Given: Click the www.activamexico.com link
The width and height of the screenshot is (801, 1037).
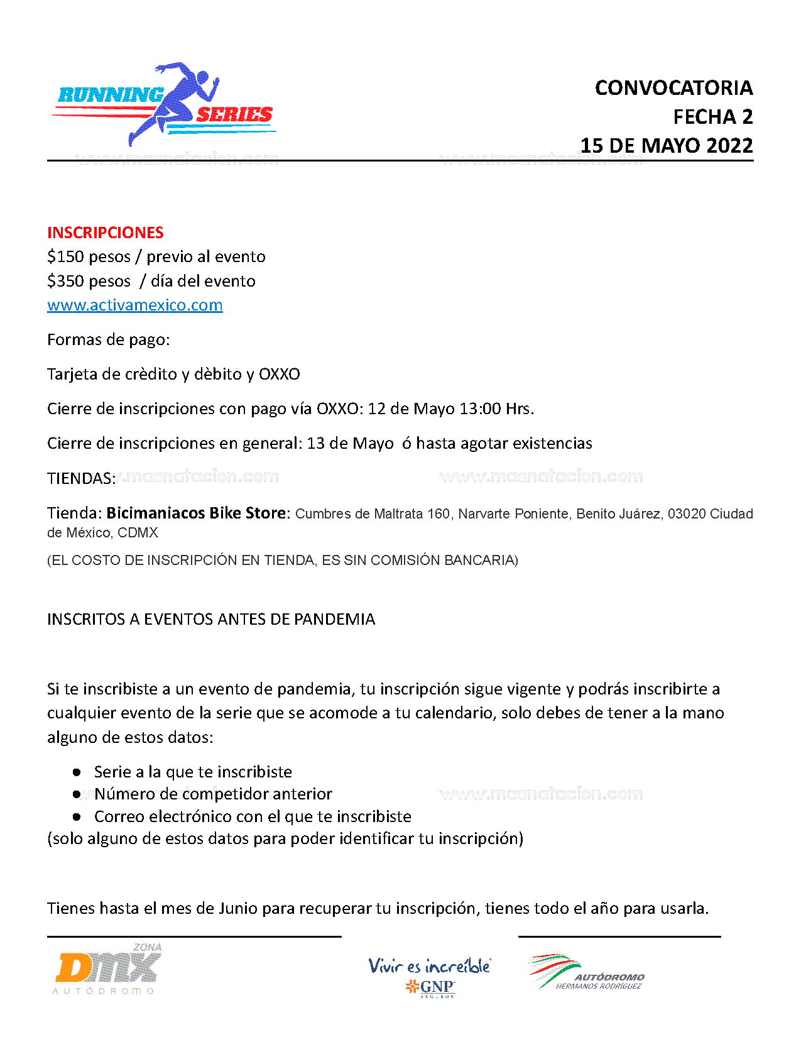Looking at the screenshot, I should [x=134, y=305].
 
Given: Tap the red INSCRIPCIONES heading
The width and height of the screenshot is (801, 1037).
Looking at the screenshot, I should [x=105, y=233].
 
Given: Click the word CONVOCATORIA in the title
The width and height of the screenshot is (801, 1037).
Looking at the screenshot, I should [x=673, y=88].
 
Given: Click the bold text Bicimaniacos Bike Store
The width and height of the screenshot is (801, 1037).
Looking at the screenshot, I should [x=196, y=513].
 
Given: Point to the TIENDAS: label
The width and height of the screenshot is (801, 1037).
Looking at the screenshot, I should [x=81, y=479].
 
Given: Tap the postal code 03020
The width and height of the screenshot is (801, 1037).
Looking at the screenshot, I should [x=687, y=514].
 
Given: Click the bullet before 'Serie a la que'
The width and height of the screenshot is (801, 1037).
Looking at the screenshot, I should [x=77, y=772].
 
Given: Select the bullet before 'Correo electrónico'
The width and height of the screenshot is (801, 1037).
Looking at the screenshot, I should [x=77, y=817].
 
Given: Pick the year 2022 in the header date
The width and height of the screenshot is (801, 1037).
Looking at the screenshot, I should [x=729, y=146].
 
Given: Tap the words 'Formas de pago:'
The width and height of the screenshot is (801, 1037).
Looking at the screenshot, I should [x=108, y=340].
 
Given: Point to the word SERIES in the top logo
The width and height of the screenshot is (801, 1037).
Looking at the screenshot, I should [x=234, y=115].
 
